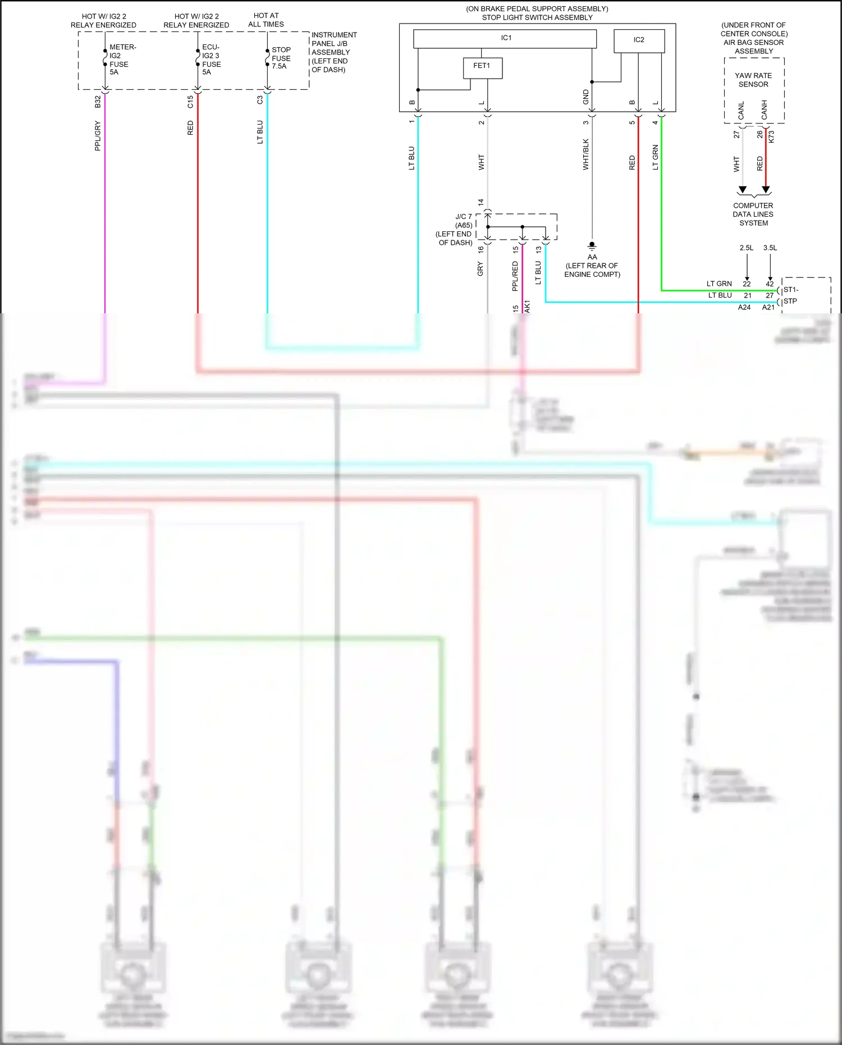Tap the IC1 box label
pos(506,38)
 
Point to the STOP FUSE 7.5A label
pos(281,58)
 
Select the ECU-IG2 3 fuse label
pos(211,60)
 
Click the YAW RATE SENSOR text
pos(753,80)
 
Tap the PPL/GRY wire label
pos(98,136)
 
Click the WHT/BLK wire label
pos(585,154)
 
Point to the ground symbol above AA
pos(592,246)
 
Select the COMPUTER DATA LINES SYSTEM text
pos(753,215)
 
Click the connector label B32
pos(98,102)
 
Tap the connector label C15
pos(190,102)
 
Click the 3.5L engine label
pos(770,248)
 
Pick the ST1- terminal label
pos(790,290)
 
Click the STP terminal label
pos(790,301)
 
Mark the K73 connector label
pos(771,136)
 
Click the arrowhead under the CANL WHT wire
pos(742,190)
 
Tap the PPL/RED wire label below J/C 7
pos(515,276)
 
